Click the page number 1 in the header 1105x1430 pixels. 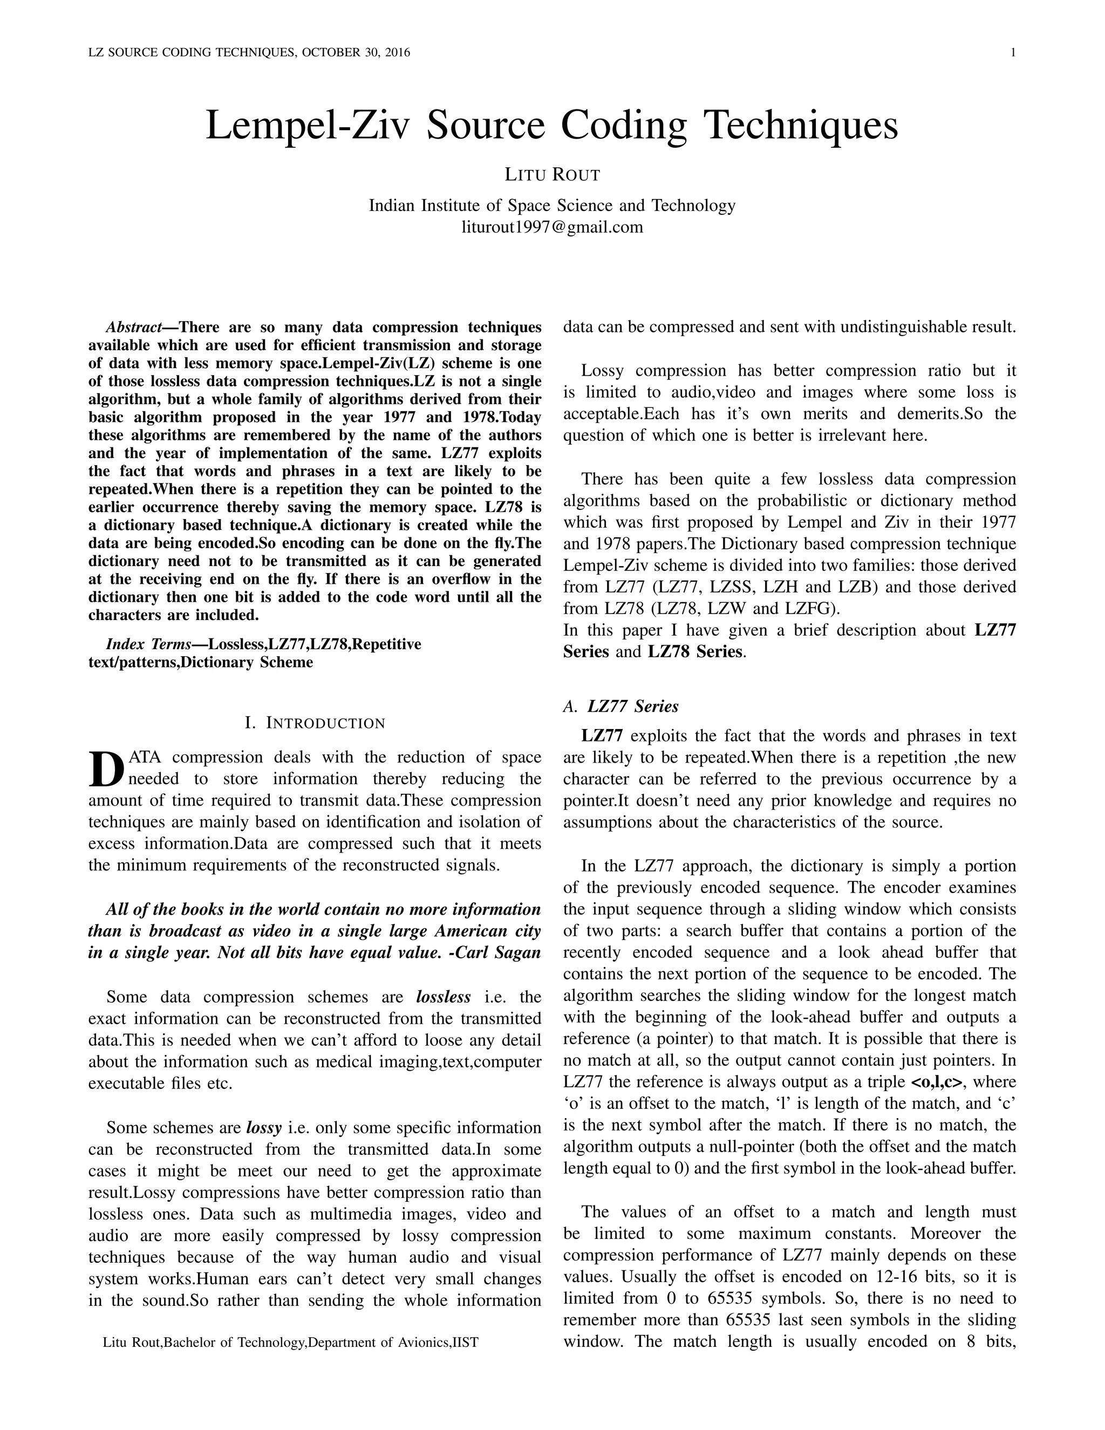point(1013,52)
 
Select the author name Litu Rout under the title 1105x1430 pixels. point(552,175)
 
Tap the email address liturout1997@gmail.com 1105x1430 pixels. point(552,227)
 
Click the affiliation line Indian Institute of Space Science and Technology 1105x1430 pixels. point(552,206)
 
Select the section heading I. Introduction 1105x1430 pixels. point(315,723)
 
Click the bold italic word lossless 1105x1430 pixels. point(443,997)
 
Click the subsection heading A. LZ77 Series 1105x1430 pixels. point(620,706)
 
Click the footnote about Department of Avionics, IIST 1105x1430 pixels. point(291,1342)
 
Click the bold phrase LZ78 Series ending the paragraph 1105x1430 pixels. point(695,652)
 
